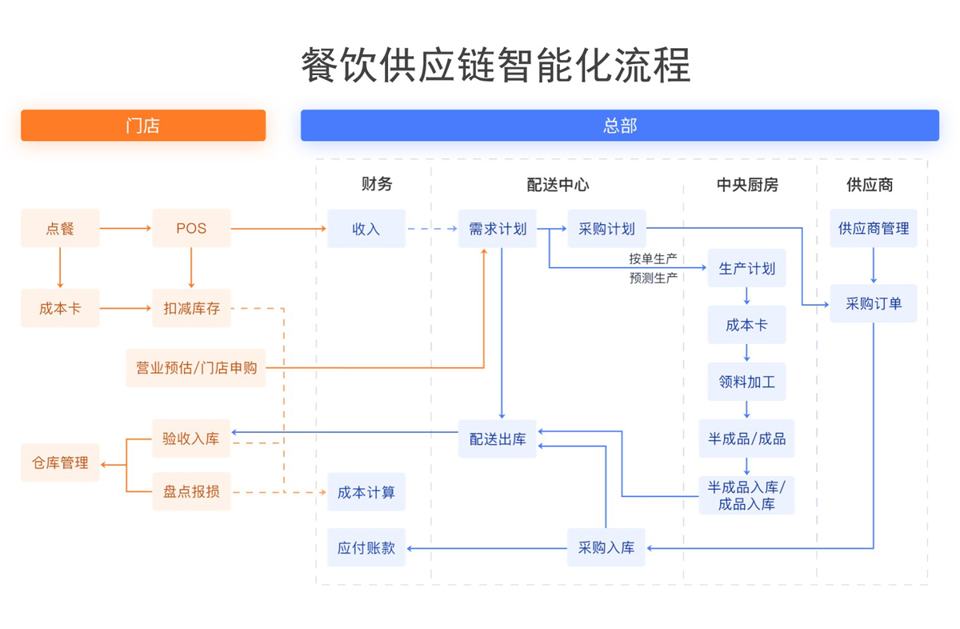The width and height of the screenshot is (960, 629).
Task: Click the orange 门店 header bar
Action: click(x=143, y=126)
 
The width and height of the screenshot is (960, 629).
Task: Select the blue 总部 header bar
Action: click(x=619, y=126)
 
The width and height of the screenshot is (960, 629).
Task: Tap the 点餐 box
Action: click(x=60, y=229)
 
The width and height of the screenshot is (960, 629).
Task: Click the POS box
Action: click(x=191, y=229)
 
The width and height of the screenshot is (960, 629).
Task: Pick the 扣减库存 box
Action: click(x=191, y=307)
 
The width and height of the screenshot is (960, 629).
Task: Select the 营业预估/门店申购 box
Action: click(x=195, y=368)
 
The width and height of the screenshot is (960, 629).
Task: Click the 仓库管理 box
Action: click(x=60, y=463)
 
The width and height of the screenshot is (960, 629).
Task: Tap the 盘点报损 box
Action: click(x=191, y=491)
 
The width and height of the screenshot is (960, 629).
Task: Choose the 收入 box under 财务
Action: click(x=366, y=229)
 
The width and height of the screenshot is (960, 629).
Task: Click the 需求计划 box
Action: click(x=497, y=229)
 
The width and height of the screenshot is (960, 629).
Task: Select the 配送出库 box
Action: click(x=497, y=439)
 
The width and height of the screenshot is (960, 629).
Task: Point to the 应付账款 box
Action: click(x=366, y=548)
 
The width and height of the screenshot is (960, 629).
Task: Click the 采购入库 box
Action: click(x=606, y=548)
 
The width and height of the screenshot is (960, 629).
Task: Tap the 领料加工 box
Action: click(x=746, y=382)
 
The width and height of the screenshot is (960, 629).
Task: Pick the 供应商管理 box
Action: click(x=873, y=229)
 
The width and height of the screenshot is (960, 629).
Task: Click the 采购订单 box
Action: click(x=873, y=304)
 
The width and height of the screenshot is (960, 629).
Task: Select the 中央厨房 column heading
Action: click(x=746, y=185)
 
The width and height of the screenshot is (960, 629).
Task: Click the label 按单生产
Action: click(x=653, y=259)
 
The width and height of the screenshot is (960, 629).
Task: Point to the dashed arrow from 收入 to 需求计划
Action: click(x=431, y=229)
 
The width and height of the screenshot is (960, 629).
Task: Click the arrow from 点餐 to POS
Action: click(x=126, y=229)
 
